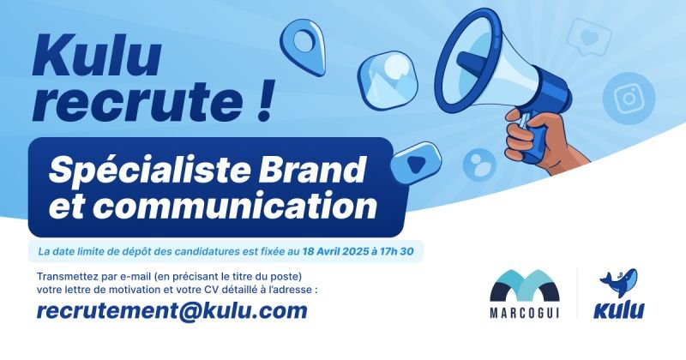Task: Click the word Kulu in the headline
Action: coord(97,56)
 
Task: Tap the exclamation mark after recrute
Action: coord(264,100)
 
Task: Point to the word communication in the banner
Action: coord(237,205)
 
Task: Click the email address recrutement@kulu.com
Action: coord(172,311)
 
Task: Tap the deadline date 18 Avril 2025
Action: coord(335,251)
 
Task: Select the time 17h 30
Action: coord(398,251)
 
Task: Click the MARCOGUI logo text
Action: coord(524,313)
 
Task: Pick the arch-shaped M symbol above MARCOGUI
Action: coord(525,285)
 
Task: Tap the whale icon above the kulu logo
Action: coord(618,283)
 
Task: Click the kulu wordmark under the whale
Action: coord(618,310)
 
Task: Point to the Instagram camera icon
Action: coord(629,99)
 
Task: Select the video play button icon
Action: coord(415,162)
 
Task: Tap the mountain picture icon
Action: coord(388,80)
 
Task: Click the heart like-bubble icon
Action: coord(588,37)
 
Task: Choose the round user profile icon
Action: coord(479,165)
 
